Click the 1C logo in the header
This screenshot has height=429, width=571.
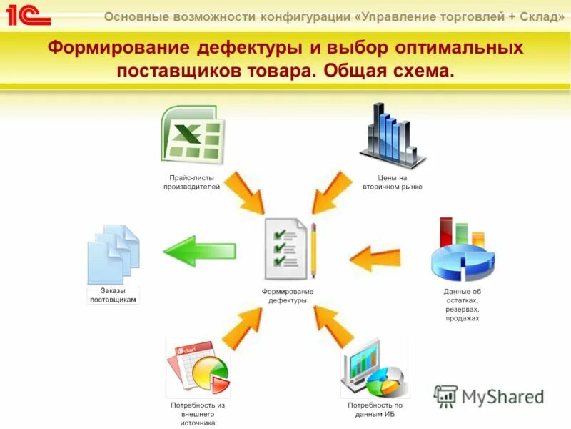tap(29, 14)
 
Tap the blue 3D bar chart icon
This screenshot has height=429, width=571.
tap(392, 135)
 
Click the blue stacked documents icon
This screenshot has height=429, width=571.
tap(113, 255)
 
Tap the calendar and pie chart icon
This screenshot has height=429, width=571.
tap(198, 368)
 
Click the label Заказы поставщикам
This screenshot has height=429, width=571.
tap(113, 295)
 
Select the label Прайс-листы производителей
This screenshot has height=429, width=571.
tap(191, 182)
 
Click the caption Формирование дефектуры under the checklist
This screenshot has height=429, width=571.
tap(287, 296)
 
